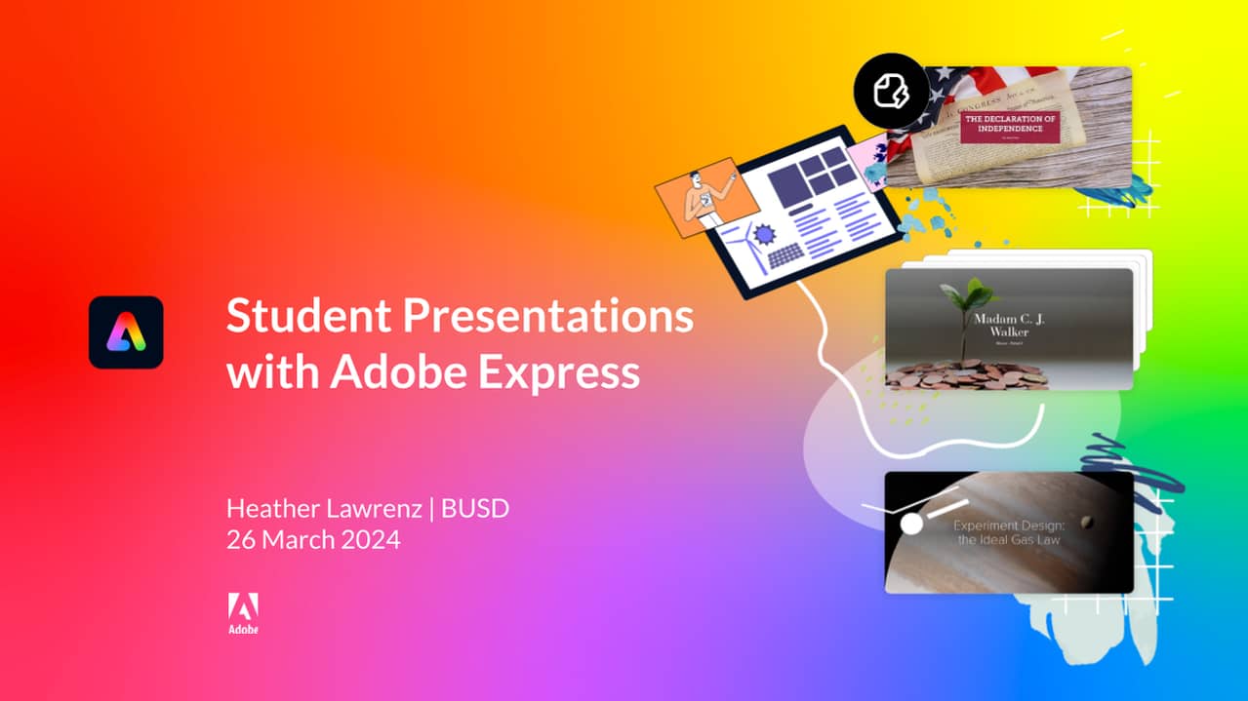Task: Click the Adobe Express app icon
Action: tap(126, 332)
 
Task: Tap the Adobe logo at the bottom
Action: tap(243, 612)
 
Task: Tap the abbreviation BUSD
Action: tap(475, 508)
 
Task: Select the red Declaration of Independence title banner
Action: tap(1010, 128)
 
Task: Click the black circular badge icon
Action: tap(892, 93)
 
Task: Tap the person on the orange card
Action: tap(702, 200)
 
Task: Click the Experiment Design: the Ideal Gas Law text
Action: tap(1009, 531)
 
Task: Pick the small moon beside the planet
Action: tap(1086, 522)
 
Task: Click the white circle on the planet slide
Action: tap(911, 525)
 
